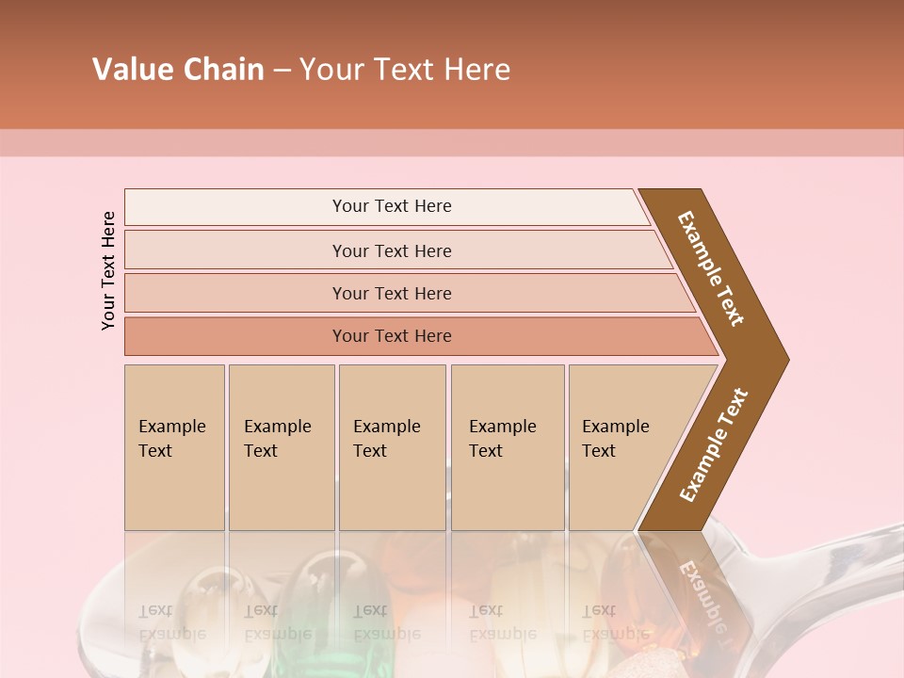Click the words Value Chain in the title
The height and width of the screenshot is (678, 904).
pos(178,70)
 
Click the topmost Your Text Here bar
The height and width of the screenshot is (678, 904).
pos(391,206)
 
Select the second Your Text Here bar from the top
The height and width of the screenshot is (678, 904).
pos(391,250)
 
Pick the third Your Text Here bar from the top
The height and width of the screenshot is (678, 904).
pos(391,293)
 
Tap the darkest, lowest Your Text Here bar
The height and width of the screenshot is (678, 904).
pos(391,336)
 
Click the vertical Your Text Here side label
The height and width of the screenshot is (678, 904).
pos(108,270)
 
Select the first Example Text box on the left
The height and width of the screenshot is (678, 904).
pos(174,447)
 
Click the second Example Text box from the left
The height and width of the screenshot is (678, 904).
pos(282,447)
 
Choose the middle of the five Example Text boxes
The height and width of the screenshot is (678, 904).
pos(392,447)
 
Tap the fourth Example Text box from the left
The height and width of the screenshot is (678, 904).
pos(508,447)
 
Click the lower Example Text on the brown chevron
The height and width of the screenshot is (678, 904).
pos(713,445)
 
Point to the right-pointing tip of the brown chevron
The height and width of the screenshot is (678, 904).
pos(784,360)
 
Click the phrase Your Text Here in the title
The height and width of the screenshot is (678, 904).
pos(405,70)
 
